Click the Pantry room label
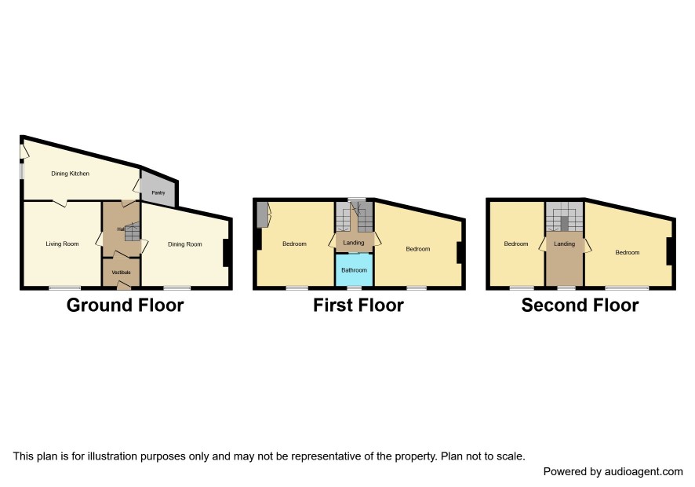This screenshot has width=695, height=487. [158, 192]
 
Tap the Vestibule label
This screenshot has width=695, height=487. [121, 272]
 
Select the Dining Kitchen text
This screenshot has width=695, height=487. [70, 174]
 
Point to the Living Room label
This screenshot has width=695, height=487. [62, 243]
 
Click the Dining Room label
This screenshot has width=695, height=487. [185, 244]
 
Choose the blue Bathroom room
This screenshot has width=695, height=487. [354, 270]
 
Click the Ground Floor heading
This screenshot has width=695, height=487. [125, 306]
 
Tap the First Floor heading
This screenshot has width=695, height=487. [358, 306]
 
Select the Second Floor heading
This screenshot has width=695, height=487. [580, 306]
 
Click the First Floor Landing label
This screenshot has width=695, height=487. [353, 243]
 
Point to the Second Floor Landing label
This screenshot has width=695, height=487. [564, 243]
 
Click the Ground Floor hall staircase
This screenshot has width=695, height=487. [132, 231]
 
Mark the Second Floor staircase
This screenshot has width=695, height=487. [564, 217]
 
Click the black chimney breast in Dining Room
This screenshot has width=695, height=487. [226, 253]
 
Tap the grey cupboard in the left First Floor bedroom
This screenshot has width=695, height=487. [264, 214]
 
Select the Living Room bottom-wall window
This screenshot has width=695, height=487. [64, 288]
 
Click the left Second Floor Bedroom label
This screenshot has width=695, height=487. [516, 243]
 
